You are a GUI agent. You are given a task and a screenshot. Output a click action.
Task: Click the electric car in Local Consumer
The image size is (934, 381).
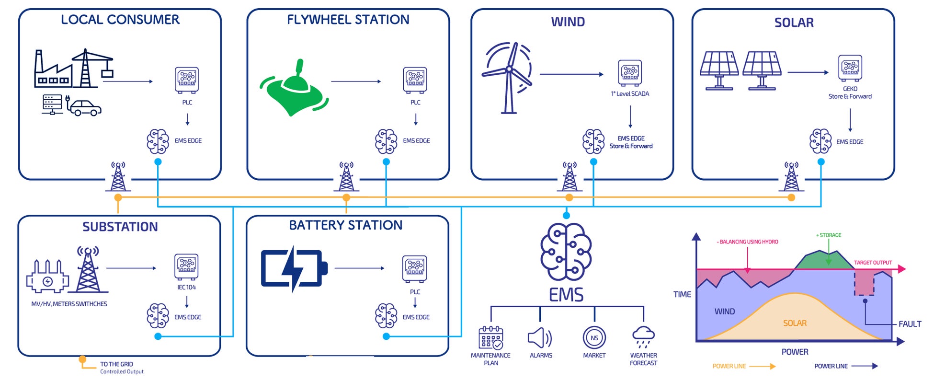coord(85,108)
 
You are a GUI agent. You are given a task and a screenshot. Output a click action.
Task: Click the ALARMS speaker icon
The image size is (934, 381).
coord(540,338)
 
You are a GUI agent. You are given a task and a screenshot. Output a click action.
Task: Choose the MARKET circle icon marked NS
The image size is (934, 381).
coord(594,337)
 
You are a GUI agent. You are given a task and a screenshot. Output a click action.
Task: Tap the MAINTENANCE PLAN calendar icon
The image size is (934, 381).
coord(490,337)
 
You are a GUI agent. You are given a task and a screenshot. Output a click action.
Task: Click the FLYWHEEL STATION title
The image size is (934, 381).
coord(348,20)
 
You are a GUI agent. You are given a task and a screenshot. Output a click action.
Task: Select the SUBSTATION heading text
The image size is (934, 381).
coord(120,227)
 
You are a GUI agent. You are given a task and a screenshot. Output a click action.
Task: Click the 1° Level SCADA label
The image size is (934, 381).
coord(630,94)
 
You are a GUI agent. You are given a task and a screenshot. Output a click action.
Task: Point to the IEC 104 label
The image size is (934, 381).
coord(186,288)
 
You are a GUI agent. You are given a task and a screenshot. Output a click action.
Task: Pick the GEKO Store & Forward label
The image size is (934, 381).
coord(850,92)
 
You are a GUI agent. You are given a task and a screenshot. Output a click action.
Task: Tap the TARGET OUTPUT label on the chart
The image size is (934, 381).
coord(873,263)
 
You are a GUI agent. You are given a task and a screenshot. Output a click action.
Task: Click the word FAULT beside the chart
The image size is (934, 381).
coord(910,324)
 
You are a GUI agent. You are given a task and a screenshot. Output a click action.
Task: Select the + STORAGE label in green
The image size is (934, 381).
coord(829,235)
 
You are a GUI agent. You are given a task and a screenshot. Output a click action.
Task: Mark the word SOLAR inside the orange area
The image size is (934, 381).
coord(795,323)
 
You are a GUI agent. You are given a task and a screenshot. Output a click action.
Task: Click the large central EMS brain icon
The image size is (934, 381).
coord(566,252)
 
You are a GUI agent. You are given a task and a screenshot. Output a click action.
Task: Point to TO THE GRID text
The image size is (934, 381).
coord(116,364)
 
